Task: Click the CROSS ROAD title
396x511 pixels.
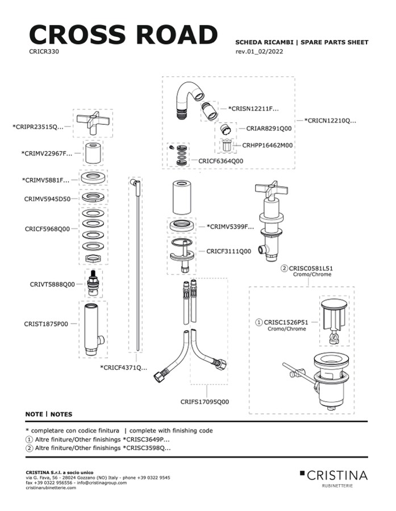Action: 123,35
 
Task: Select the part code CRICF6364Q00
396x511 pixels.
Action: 220,161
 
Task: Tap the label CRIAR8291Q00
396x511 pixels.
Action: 269,129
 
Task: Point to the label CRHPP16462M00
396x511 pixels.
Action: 268,145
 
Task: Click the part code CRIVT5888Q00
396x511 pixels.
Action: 52,285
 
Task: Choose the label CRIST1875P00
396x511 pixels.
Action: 46,324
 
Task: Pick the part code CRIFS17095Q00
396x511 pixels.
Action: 205,402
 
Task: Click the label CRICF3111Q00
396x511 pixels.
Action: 228,251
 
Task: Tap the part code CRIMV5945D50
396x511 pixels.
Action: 47,199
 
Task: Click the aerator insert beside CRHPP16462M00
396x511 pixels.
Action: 227,145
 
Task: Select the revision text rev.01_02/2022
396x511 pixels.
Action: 259,52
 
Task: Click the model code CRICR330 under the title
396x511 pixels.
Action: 44,51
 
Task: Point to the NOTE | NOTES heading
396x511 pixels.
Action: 49,414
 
